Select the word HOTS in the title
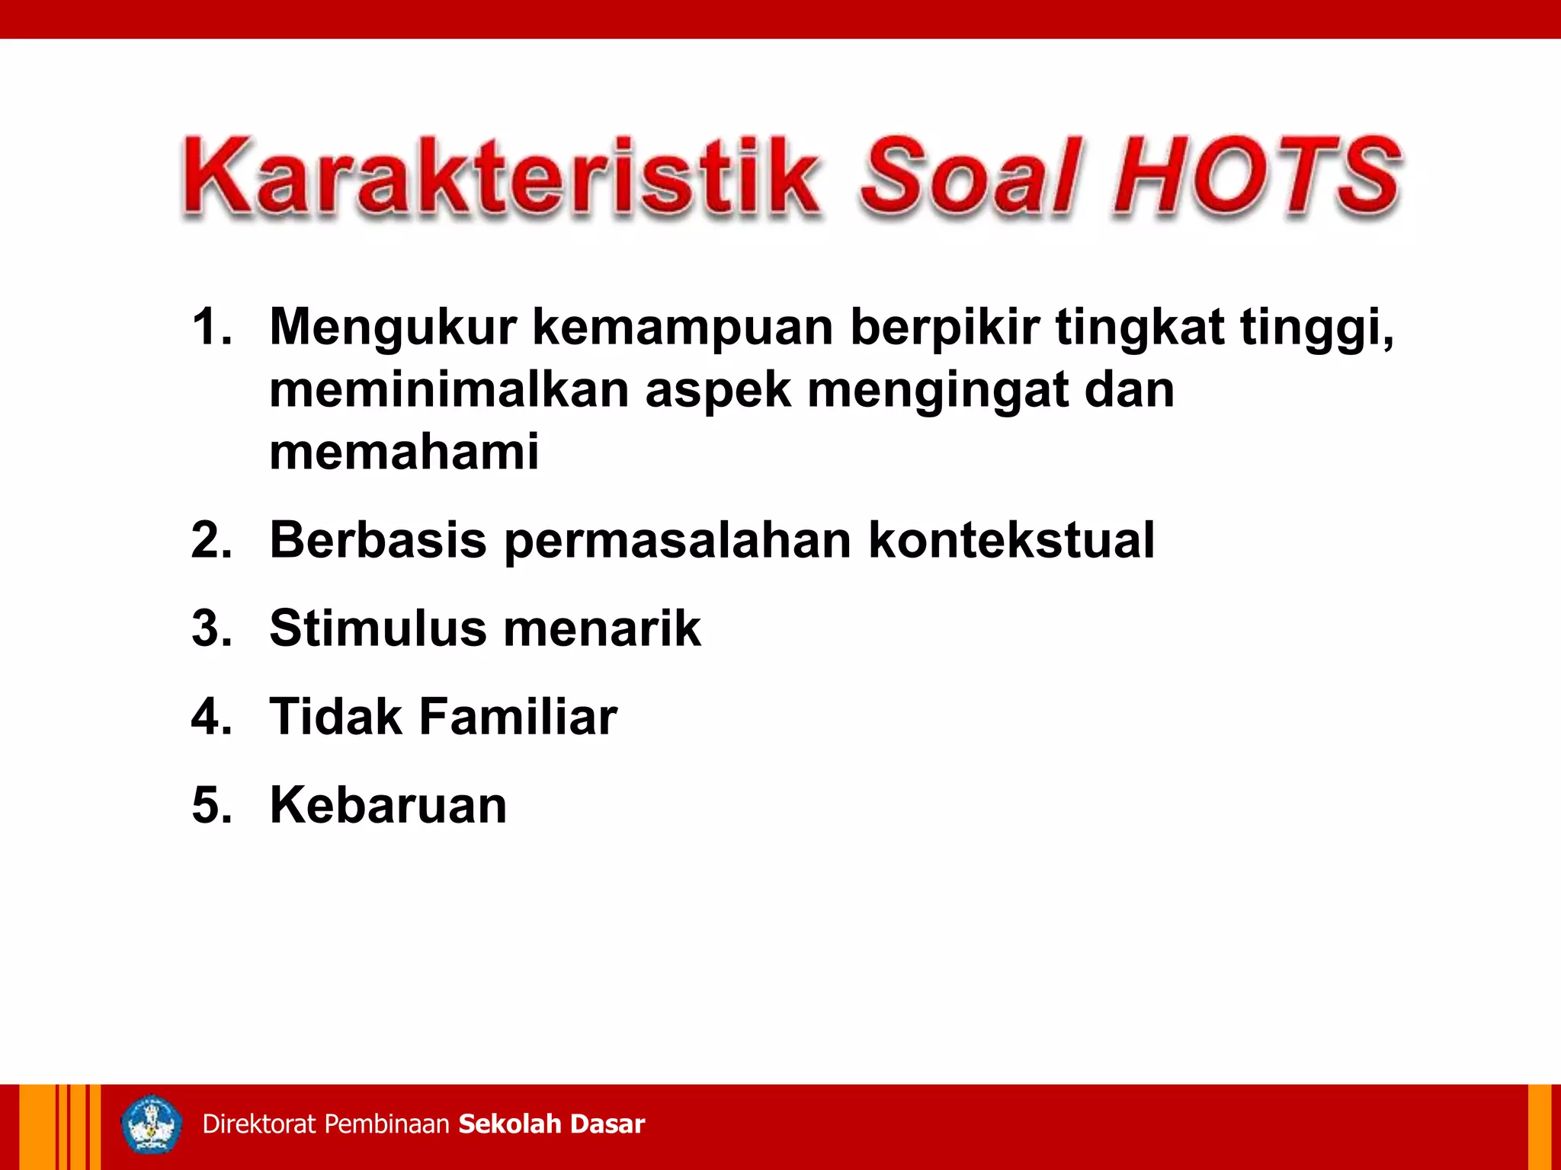1256,177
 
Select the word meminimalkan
449,390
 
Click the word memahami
404,451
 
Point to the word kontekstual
1011,540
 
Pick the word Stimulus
378,629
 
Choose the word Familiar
518,718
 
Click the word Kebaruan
388,806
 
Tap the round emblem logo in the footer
152,1124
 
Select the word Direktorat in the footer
259,1124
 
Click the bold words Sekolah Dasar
552,1124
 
